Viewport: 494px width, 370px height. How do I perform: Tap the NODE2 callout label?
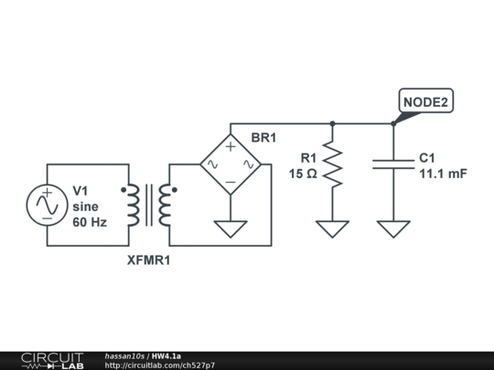425,102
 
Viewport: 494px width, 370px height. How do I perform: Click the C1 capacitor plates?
393,164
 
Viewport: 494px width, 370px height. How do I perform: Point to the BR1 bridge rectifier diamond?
231,164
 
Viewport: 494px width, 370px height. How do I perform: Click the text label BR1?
263,138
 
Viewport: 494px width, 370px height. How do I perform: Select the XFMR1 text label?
149,260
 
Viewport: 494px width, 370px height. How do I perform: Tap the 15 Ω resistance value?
303,174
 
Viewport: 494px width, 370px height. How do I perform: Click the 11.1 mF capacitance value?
443,174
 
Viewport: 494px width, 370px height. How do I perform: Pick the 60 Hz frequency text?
90,222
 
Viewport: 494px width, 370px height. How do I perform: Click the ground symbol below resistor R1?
332,228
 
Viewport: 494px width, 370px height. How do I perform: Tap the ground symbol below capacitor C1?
393,228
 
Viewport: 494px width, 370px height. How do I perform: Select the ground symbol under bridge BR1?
231,228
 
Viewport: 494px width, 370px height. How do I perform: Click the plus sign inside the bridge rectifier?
231,146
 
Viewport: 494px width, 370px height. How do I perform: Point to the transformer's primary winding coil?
133,206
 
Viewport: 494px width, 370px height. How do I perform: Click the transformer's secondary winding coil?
165,206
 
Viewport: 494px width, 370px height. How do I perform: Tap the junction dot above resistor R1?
332,123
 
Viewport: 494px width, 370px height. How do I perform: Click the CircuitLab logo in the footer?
51,360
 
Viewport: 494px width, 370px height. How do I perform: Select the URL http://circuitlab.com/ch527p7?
159,365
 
